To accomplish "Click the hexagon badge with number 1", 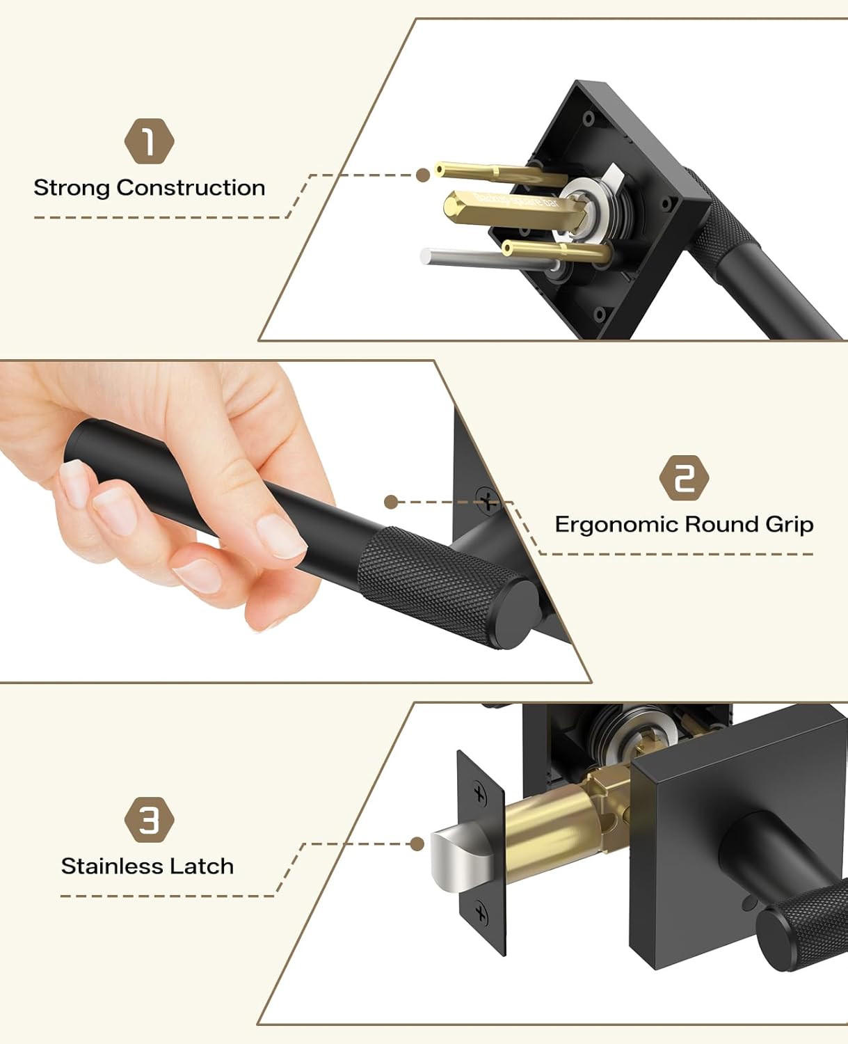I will [149, 142].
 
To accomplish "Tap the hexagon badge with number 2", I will [684, 479].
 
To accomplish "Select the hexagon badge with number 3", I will [149, 821].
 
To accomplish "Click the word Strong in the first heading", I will [72, 188].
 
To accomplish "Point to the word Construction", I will [191, 188].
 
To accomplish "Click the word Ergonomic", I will [616, 524].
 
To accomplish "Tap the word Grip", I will [789, 525].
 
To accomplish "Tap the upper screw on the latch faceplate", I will [480, 793].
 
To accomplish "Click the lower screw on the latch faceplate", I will [481, 912].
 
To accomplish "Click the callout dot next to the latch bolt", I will [417, 844].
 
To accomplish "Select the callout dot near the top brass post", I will [422, 175].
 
